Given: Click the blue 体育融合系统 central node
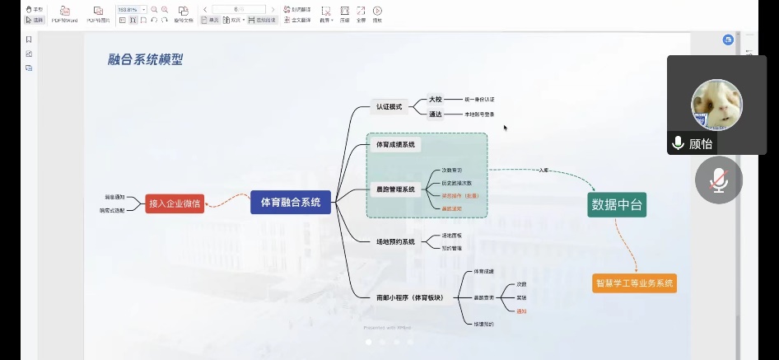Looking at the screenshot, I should point(291,201).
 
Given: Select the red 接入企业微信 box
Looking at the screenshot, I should point(175,203).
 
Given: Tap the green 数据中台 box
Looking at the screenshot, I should point(617,205).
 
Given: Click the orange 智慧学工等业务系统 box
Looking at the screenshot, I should point(634,283).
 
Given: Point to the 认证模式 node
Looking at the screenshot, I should point(389,107).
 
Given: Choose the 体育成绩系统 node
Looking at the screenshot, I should point(395,145).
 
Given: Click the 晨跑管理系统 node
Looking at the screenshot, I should point(395,189).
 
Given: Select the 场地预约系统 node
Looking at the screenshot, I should point(395,242).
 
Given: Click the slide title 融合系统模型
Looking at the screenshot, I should point(145,59).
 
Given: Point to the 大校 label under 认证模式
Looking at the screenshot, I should point(436,99).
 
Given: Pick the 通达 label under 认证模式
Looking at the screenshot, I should point(436,115).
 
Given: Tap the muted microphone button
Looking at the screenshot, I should point(719,180).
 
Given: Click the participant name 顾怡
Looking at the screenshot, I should point(701,143).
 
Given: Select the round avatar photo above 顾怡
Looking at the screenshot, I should point(716,104).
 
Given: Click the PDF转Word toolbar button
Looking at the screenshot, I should point(63,13).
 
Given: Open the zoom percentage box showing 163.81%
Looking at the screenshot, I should point(128,10).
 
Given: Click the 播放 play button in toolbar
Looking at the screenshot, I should point(377,13).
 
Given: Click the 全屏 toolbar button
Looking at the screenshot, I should point(361,13).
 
